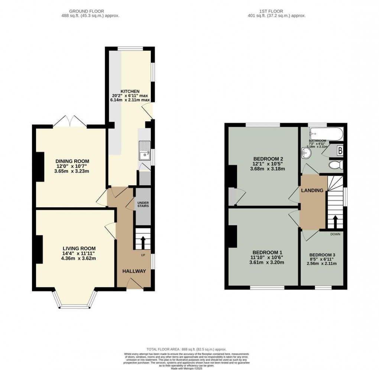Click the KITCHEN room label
click(x=130, y=91)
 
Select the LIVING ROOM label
click(x=79, y=248)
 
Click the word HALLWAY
click(x=134, y=271)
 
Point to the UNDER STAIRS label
click(x=143, y=204)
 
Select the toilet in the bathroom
click(x=336, y=165)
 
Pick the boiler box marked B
click(x=339, y=151)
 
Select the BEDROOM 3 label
click(x=323, y=255)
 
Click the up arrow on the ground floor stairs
click(x=143, y=242)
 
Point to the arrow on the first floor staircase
click(x=335, y=222)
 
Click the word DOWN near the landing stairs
click(x=336, y=234)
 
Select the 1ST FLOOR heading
click(x=276, y=11)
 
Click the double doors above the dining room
click(x=70, y=121)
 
